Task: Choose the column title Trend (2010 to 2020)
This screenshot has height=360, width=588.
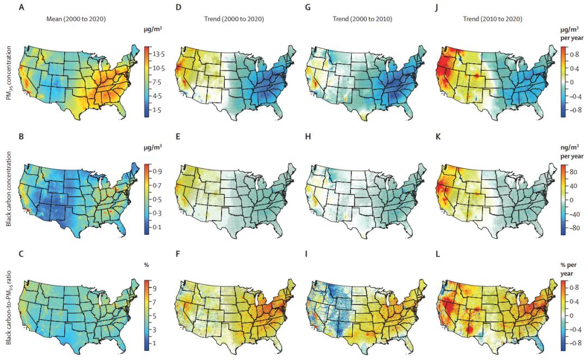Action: pyautogui.click(x=495, y=20)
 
